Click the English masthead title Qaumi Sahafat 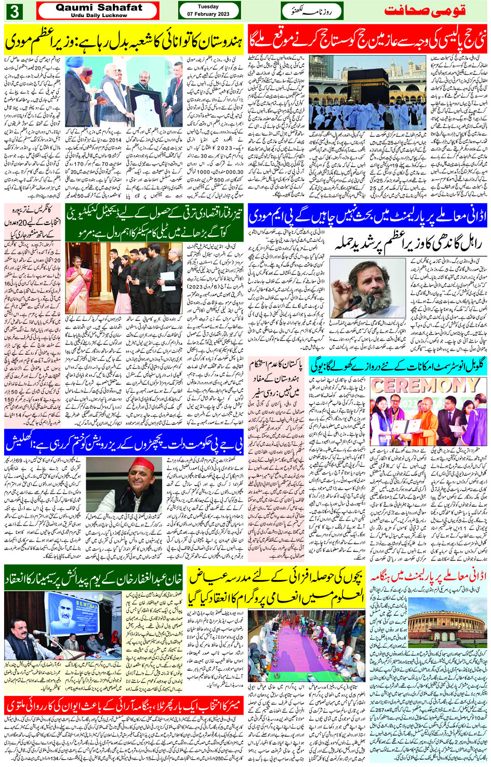click(x=98, y=8)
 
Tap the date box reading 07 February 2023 click(x=209, y=10)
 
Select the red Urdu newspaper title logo click(x=424, y=11)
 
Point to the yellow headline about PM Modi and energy click(x=124, y=39)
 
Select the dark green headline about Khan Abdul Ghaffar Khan click(x=93, y=577)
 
